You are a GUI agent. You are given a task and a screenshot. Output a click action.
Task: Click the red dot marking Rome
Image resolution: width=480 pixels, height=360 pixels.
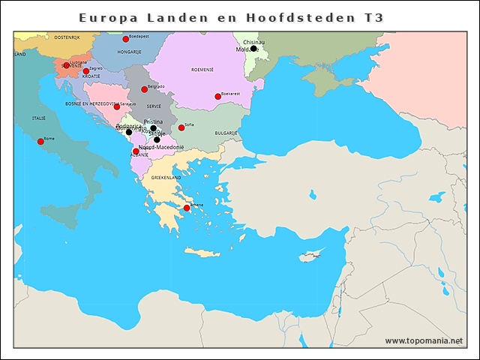click(40, 141)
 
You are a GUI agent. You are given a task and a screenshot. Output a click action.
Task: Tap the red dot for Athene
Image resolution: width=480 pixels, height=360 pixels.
click(187, 208)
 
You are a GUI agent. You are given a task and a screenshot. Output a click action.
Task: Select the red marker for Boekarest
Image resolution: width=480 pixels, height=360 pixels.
click(217, 96)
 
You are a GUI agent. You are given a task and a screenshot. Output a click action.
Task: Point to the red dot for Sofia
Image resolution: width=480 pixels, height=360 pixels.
click(181, 127)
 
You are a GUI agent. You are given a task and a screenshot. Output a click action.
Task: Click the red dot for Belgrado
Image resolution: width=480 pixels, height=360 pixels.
click(145, 89)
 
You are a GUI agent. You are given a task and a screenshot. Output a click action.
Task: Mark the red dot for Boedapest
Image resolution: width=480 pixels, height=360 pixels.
click(126, 39)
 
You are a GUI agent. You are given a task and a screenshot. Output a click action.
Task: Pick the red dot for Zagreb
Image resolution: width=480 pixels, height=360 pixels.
click(86, 71)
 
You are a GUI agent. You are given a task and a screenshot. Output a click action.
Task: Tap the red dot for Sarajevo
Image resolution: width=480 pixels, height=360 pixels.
click(116, 106)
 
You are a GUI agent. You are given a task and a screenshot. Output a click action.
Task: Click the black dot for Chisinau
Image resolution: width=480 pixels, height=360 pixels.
click(253, 49)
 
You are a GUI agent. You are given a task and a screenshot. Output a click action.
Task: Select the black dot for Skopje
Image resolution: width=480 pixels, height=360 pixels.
click(157, 139)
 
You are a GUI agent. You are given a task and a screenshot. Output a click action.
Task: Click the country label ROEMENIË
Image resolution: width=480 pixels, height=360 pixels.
click(202, 69)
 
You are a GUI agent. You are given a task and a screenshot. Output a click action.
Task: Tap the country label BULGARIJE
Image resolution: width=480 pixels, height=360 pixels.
click(226, 133)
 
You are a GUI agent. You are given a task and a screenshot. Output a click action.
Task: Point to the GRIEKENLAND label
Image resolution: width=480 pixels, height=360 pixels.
click(166, 178)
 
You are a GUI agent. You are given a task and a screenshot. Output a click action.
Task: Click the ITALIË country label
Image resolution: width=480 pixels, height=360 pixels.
click(37, 118)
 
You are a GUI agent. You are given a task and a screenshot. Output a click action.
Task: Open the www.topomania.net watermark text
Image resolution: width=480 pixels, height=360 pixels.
click(424, 340)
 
